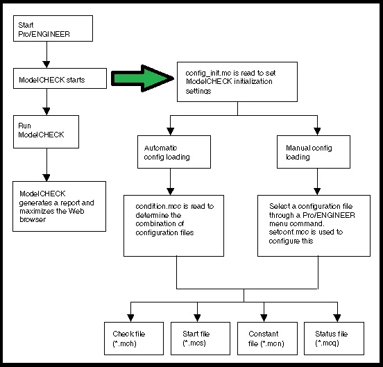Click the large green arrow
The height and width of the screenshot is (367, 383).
(x=142, y=78)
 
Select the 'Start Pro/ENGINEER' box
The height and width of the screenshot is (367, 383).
(x=53, y=28)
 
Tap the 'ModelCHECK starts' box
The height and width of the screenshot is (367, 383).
(x=60, y=78)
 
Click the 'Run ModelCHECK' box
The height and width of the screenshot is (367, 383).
(x=46, y=132)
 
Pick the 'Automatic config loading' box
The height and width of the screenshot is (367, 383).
(x=174, y=152)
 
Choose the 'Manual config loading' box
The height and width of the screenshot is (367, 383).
(x=314, y=152)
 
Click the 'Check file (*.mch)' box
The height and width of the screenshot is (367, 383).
(x=134, y=339)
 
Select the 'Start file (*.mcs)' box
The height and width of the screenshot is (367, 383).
(x=201, y=339)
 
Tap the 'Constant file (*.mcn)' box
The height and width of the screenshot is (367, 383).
(x=267, y=339)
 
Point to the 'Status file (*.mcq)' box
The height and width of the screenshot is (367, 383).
(x=334, y=339)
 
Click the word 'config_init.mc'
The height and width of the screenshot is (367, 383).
(x=208, y=74)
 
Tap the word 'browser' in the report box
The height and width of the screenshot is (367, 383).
(x=33, y=219)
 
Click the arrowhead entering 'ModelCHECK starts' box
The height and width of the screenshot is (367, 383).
(x=46, y=65)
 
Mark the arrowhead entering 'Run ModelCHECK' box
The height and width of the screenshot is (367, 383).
(x=46, y=112)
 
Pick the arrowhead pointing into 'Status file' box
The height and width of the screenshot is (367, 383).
(x=337, y=318)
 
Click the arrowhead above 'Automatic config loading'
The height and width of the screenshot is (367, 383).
(x=170, y=132)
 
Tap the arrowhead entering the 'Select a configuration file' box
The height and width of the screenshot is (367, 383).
(x=317, y=191)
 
